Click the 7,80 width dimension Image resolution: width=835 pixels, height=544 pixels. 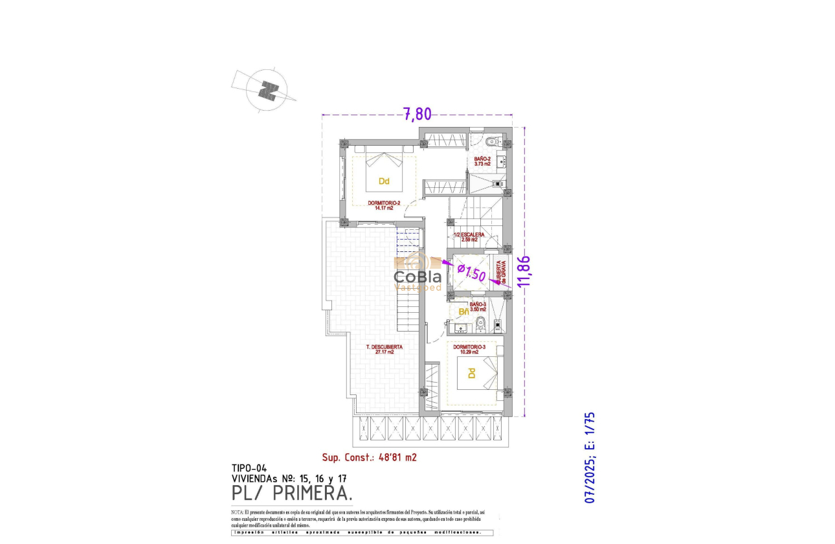click(417, 114)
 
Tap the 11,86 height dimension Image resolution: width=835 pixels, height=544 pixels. click(525, 271)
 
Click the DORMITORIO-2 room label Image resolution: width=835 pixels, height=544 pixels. click(384, 205)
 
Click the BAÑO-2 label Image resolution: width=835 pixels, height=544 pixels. click(482, 161)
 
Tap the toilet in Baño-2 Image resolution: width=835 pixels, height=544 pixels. click(491, 141)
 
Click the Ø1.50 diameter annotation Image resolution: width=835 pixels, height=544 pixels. click(471, 272)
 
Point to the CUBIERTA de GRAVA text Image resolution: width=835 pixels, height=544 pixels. click(500, 272)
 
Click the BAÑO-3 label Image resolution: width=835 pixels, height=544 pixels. click(478, 306)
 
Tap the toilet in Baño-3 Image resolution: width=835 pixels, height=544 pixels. click(480, 324)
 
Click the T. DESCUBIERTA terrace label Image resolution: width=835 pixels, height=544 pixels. click(384, 349)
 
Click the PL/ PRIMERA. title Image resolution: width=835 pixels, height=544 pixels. click(293, 493)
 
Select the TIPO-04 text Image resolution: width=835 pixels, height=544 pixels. click(249, 468)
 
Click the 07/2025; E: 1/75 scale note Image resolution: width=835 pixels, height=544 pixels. click(590, 458)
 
